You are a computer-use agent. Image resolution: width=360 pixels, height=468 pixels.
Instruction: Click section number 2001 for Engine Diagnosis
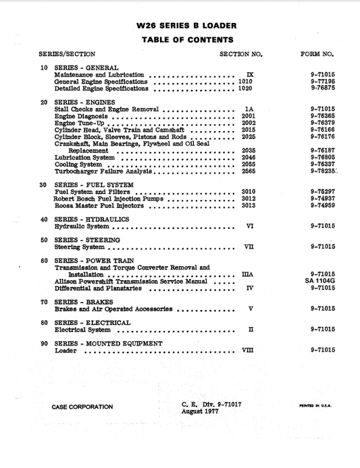coord(248,116)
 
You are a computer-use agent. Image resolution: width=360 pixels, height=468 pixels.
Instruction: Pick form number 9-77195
coord(323,81)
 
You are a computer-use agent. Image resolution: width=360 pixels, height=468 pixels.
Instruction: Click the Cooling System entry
coord(78,164)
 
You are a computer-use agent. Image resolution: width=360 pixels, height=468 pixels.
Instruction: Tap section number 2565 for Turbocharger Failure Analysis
coord(248,171)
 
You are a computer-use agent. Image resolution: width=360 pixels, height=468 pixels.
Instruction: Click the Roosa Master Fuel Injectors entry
coord(98,206)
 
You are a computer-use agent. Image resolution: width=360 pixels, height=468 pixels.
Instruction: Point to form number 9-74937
coord(323,199)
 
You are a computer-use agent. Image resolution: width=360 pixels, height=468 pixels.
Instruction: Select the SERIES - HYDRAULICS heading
coord(92,219)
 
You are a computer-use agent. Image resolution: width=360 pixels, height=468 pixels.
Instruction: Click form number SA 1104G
coord(320,280)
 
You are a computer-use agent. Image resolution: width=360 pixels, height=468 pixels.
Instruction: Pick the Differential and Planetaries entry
coord(98,288)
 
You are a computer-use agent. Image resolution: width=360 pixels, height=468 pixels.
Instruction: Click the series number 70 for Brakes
coord(44,302)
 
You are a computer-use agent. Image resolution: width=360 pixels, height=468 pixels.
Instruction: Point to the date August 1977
coord(203,411)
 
